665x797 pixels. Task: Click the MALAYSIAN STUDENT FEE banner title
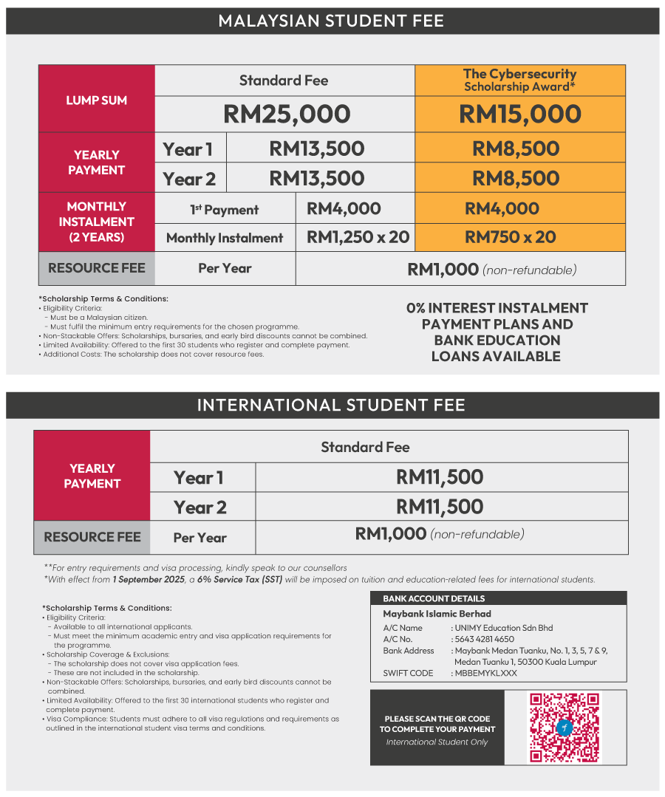[331, 21]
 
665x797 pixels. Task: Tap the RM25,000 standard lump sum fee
[287, 114]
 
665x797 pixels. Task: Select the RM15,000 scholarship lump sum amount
[520, 114]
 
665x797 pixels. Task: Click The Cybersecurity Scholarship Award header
[520, 80]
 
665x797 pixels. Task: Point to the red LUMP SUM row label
[97, 100]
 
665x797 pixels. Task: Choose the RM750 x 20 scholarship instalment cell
[510, 237]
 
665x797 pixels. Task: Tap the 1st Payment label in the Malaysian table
[225, 210]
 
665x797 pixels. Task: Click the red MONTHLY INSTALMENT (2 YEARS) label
[97, 222]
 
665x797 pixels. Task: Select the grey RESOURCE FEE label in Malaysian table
[97, 268]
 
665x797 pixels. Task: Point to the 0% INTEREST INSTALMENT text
[497, 308]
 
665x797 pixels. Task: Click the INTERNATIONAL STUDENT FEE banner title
[331, 405]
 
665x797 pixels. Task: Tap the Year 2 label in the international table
[200, 507]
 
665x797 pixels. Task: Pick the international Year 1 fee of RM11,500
[440, 477]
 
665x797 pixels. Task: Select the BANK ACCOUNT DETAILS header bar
[498, 598]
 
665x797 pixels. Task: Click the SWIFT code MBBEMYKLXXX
[486, 673]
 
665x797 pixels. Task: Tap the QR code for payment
[565, 727]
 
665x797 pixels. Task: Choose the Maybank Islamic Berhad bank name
[437, 614]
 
